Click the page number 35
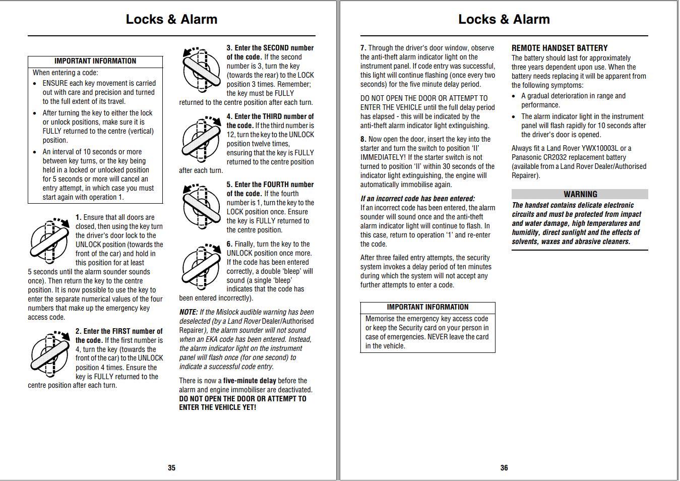tap(171, 468)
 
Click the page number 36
tap(504, 468)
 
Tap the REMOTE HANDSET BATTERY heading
tap(560, 48)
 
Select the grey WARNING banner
tap(580, 194)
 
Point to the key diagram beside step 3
tap(202, 71)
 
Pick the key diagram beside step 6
tap(202, 267)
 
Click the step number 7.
tap(363, 48)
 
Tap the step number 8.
tap(363, 139)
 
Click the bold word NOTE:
tap(189, 312)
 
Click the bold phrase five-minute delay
tap(250, 381)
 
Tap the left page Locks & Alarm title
tap(171, 19)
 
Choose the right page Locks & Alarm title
tap(504, 19)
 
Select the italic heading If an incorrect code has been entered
tap(417, 199)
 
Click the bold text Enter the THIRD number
tap(270, 116)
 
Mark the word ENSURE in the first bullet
tap(55, 83)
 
